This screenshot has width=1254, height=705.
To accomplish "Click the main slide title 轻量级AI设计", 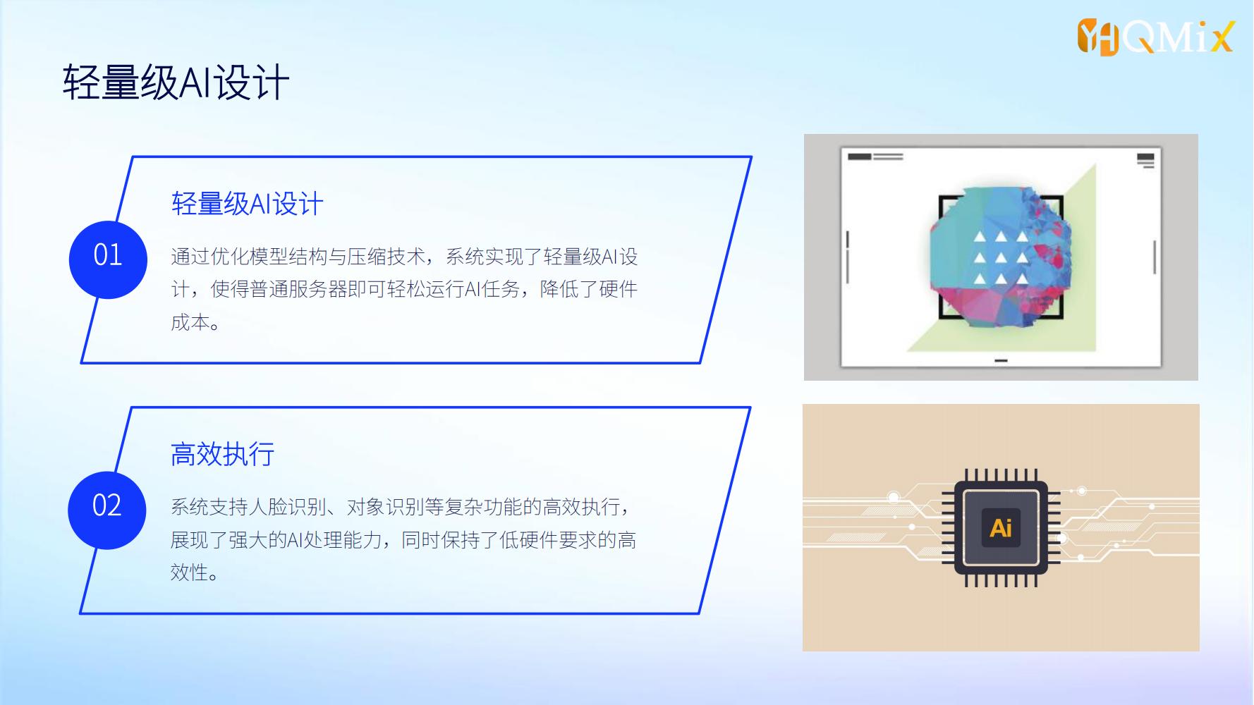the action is [176, 82].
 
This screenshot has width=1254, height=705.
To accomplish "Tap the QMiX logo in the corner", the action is [1156, 37].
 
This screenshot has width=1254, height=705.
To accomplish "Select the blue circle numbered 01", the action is [108, 259].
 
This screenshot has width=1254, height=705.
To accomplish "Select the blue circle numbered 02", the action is [107, 510].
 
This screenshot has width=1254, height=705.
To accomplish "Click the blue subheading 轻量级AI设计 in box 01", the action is [247, 204].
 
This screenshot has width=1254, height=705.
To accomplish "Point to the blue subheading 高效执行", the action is [222, 454].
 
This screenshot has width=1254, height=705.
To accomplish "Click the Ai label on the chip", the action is [1001, 527].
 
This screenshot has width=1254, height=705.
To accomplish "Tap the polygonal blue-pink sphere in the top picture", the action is [1001, 258].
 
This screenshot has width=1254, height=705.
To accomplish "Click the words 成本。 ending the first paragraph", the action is [195, 322].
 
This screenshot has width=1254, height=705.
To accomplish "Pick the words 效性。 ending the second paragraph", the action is [195, 572].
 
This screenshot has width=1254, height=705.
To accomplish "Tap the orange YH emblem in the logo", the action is [1098, 37].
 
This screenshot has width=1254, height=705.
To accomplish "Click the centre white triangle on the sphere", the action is [1001, 258].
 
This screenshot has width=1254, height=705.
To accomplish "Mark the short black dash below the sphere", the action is [1001, 360].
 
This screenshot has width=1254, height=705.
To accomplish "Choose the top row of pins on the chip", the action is [1001, 475].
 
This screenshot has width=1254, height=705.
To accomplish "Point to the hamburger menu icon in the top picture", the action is [1146, 160].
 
